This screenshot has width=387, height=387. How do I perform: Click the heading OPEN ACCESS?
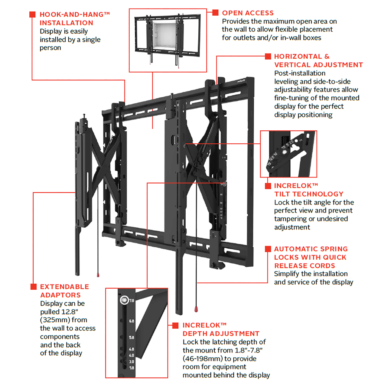pos(248,13)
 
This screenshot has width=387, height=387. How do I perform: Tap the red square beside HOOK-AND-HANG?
pos(32,15)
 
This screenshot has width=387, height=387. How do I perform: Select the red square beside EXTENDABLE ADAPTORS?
pos(34,287)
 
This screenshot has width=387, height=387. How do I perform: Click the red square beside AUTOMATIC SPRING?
pos(268,249)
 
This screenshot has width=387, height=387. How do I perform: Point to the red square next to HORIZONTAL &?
pos(268,57)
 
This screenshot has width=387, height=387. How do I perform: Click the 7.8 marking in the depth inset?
pos(132,301)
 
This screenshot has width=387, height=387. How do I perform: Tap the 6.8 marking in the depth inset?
pos(132,321)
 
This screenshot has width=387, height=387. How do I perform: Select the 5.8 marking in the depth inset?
pos(132,337)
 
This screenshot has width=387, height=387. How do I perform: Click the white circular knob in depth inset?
pos(124,300)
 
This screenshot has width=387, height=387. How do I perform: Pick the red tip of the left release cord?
pos(98,275)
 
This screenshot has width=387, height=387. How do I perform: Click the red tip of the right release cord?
pos(196,309)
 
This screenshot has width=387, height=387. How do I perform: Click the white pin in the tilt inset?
pos(284,152)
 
